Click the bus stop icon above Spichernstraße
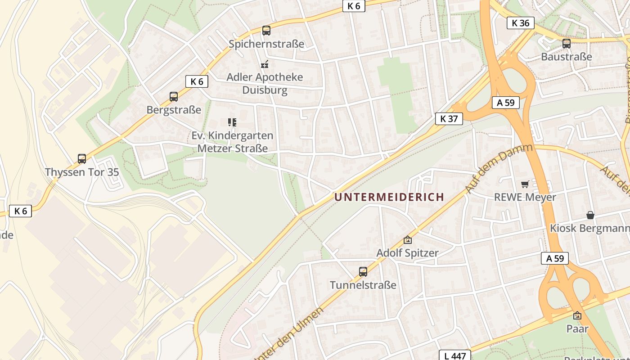tap(266, 31)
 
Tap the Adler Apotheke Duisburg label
tap(265, 83)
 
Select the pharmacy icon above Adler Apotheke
tap(265, 64)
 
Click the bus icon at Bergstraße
tap(174, 96)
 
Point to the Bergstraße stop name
tap(174, 110)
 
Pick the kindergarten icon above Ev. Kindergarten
tap(232, 122)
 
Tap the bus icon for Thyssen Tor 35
tap(82, 158)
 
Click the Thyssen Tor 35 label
tap(82, 172)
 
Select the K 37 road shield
tap(449, 119)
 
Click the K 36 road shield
tap(521, 23)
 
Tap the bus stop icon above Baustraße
tap(567, 44)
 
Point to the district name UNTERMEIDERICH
tap(389, 197)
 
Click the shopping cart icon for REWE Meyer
tap(525, 184)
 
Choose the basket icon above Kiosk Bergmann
tap(590, 215)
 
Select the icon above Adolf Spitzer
tap(408, 240)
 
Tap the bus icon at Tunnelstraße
tap(363, 272)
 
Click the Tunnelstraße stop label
tap(363, 285)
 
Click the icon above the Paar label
tap(577, 315)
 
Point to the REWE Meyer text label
tap(525, 197)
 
